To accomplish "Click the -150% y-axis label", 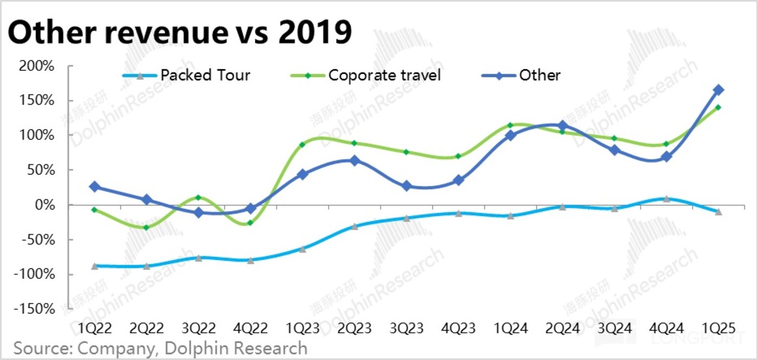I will click(x=36, y=309).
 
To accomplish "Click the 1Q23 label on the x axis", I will click(x=302, y=329).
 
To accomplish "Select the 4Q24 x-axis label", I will click(x=666, y=329).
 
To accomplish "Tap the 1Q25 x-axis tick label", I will click(x=718, y=329).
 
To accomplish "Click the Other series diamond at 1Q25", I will click(x=718, y=89).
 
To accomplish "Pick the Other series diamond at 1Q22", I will click(x=94, y=187).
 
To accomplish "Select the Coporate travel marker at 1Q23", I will click(x=302, y=144).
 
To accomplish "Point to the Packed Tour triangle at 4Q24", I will click(x=666, y=199).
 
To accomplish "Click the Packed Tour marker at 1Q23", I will click(x=302, y=249).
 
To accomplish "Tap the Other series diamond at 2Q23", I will click(x=355, y=160).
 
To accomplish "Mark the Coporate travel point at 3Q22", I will click(x=198, y=197).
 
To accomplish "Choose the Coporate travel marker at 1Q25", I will click(x=718, y=107).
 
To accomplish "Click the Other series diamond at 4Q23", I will click(x=458, y=180).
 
